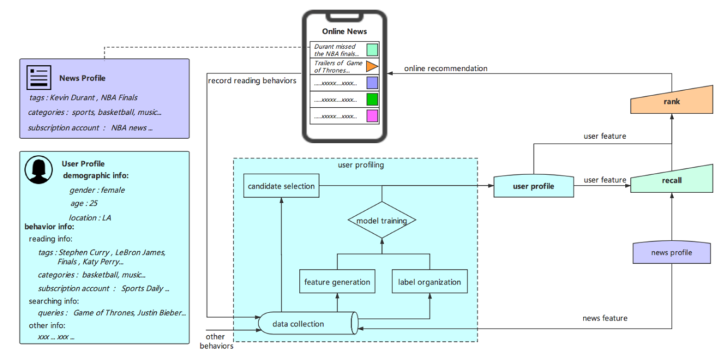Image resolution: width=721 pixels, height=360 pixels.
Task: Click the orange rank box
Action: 672,102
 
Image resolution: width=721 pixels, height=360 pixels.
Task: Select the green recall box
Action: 672,180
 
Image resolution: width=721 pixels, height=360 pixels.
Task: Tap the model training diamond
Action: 382,220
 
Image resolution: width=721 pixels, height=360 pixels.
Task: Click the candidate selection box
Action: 281,186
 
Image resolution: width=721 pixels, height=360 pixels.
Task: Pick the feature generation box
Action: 337,281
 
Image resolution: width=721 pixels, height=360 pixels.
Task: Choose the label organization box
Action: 429,281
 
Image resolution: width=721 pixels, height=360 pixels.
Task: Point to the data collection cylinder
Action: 308,324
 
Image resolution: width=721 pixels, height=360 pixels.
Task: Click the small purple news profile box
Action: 672,253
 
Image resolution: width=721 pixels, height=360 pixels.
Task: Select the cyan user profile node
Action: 533,186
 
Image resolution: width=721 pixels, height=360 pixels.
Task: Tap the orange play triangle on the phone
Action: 372,67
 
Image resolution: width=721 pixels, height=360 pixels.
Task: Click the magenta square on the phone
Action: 372,116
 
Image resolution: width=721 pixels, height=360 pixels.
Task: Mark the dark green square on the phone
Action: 372,100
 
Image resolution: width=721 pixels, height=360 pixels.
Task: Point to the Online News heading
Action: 344,31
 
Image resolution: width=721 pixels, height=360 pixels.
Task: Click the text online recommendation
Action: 445,69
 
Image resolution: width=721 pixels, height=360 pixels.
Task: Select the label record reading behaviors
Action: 252,80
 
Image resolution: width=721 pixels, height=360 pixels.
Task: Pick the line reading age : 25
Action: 83,204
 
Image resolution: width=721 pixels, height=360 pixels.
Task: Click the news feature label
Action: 605,318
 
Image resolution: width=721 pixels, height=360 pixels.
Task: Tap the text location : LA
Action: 90,218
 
